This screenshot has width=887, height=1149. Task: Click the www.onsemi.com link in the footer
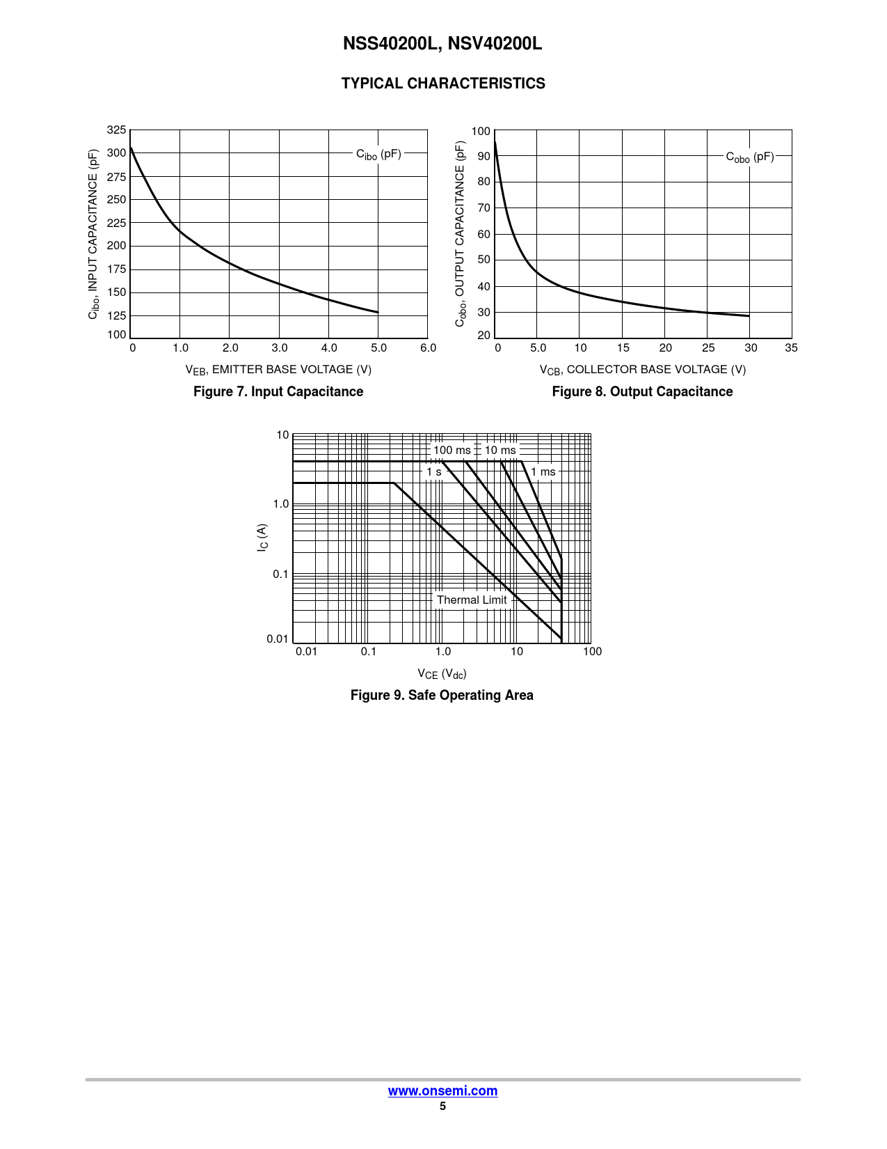tap(442, 1091)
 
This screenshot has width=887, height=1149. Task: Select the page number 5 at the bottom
tap(442, 1107)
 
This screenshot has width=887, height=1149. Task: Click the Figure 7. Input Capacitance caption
tap(278, 391)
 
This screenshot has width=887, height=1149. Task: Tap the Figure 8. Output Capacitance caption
tap(642, 391)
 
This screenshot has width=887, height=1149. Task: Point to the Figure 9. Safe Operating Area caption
tap(442, 695)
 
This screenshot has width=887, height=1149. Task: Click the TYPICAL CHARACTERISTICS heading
tap(443, 84)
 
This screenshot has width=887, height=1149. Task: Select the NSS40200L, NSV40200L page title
tap(442, 44)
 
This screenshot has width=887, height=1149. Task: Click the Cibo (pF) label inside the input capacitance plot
tap(378, 154)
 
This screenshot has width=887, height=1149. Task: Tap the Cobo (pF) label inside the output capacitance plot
tap(750, 157)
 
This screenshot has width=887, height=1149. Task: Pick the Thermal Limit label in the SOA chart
tap(472, 600)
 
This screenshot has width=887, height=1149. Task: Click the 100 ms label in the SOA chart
tap(452, 450)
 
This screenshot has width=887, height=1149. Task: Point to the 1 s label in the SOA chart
tap(434, 471)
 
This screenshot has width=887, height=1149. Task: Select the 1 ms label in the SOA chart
tap(543, 471)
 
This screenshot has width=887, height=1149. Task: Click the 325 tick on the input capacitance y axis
tap(117, 130)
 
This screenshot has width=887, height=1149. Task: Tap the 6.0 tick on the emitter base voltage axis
tap(428, 347)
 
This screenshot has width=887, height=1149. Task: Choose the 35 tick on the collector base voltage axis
tap(791, 347)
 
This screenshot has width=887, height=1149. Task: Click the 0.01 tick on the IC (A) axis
tap(278, 639)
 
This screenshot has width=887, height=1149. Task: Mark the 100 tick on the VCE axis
tap(592, 651)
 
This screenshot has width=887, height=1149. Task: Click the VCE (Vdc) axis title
tap(442, 673)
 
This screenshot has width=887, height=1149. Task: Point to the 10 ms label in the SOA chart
tap(500, 450)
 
